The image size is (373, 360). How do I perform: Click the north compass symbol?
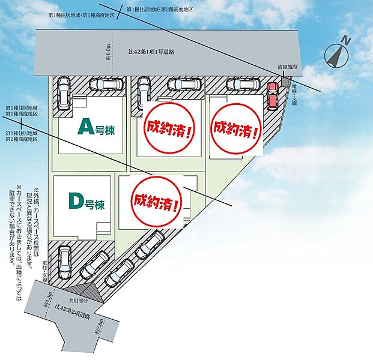pos(336,56)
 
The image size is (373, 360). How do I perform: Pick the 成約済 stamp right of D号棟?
pos(157,201)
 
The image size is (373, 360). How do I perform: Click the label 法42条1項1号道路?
pos(151,52)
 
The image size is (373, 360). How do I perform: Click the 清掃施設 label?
pos(287,67)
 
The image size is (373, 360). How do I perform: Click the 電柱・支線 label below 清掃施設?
pos(296,94)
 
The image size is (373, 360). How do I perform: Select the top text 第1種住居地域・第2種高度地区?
pos(162,11)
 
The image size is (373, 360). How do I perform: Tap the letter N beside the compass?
pos(346,40)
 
